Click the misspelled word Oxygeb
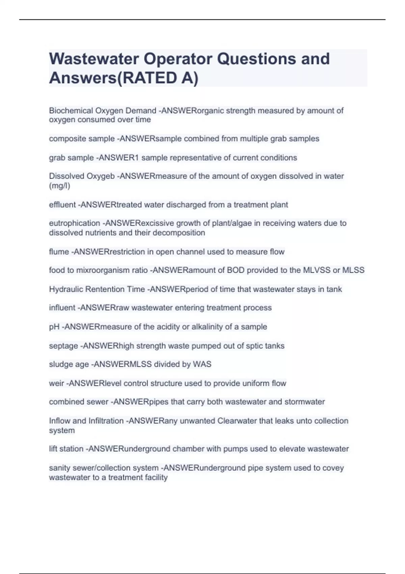[101, 176]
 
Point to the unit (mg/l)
[59, 186]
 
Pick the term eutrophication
[74, 223]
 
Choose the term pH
[54, 327]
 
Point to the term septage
[63, 346]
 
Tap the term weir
[56, 383]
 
